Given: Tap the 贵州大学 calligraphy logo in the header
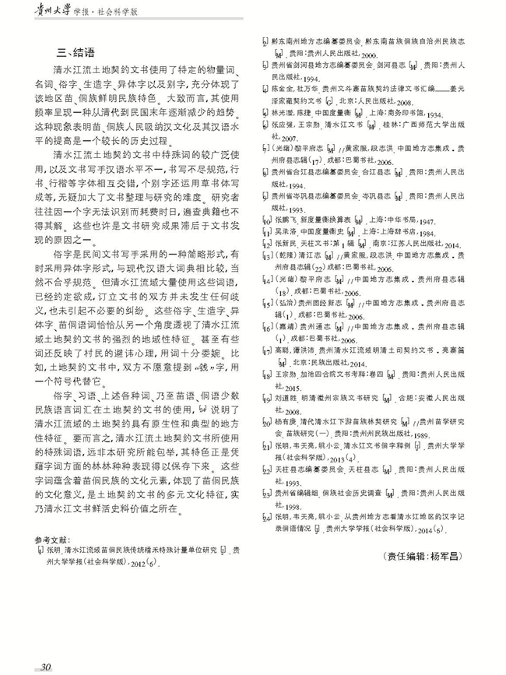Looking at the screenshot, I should [x=47, y=14].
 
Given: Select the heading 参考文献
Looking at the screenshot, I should [x=53, y=540].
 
